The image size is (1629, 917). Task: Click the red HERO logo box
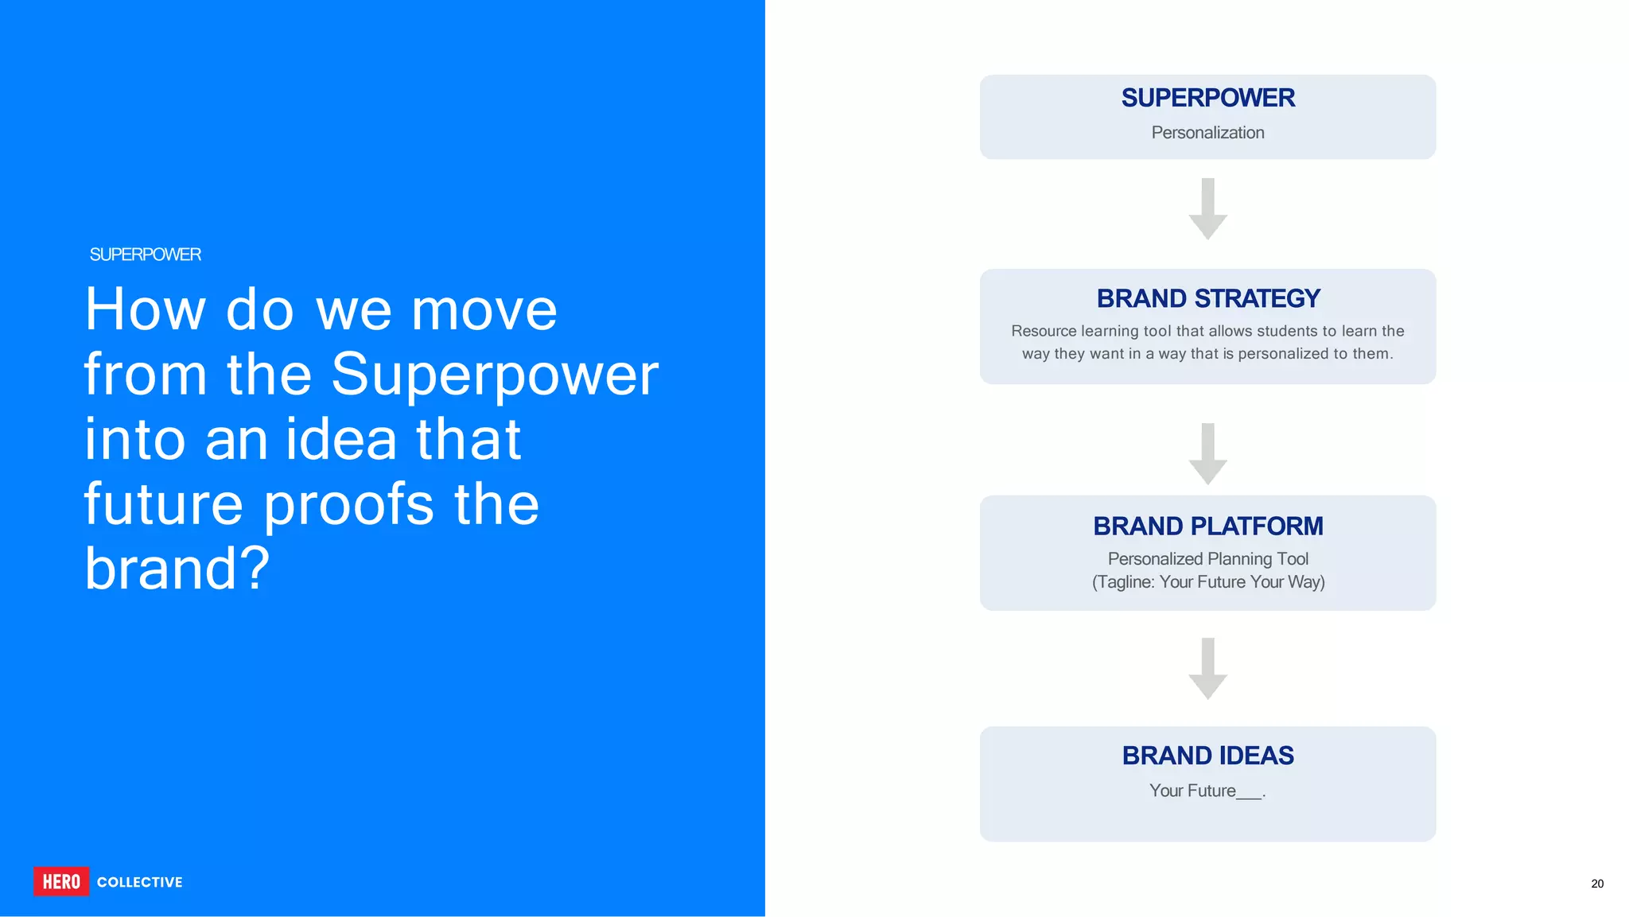pyautogui.click(x=61, y=881)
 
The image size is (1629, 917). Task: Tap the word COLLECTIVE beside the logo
pyautogui.click(x=140, y=882)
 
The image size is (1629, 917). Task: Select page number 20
pyautogui.click(x=1596, y=884)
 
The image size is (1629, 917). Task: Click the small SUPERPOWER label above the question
pyautogui.click(x=145, y=255)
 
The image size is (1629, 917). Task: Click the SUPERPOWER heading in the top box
pyautogui.click(x=1207, y=98)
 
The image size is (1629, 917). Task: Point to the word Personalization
pyautogui.click(x=1207, y=133)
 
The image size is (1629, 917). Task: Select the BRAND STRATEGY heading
pyautogui.click(x=1207, y=298)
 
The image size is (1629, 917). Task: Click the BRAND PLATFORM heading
pyautogui.click(x=1207, y=526)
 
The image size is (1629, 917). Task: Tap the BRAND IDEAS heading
pyautogui.click(x=1207, y=755)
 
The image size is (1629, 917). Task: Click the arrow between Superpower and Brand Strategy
pyautogui.click(x=1207, y=209)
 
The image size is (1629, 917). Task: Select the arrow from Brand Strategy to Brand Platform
pyautogui.click(x=1207, y=454)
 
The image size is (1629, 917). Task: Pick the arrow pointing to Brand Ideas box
pyautogui.click(x=1207, y=669)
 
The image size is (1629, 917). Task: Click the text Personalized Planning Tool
pyautogui.click(x=1207, y=559)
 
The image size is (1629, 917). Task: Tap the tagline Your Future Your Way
pyautogui.click(x=1241, y=582)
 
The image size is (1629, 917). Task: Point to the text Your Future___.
pyautogui.click(x=1207, y=791)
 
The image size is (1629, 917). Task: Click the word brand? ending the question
pyautogui.click(x=177, y=569)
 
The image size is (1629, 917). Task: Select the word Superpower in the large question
pyautogui.click(x=495, y=374)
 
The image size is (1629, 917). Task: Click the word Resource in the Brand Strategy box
pyautogui.click(x=1043, y=331)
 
